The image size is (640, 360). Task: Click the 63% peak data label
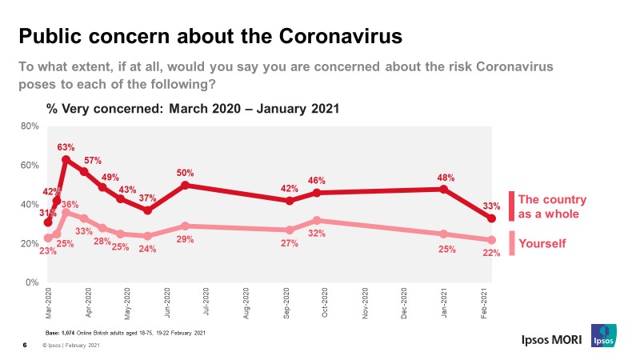coord(66,147)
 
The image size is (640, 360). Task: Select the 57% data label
coord(93,160)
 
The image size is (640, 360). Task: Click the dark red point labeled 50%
coord(185,185)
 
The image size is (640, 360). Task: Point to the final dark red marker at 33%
coord(492,218)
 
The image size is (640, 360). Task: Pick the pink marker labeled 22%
coord(492,240)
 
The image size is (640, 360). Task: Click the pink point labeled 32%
coord(317,220)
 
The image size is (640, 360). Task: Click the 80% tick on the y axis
coord(30,126)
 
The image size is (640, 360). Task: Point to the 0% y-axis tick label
coord(32,282)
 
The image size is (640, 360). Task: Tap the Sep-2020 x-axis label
coord(286,304)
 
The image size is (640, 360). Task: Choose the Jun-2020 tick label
coord(167,304)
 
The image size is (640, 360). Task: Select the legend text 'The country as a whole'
coord(552,206)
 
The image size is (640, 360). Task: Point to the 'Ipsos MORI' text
coord(546,339)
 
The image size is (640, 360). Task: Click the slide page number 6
coord(25,346)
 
